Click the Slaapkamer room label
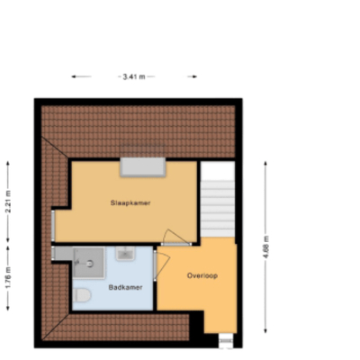130,202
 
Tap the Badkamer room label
125,287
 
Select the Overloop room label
202,275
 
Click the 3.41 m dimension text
134,76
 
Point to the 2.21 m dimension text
8,202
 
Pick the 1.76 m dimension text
8,278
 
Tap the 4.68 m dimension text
266,247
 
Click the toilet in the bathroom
81,295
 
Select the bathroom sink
125,254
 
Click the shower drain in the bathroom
90,264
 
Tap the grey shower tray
89,262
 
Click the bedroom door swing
175,237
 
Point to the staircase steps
218,209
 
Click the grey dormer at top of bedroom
143,166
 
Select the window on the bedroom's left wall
53,226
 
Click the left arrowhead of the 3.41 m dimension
72,76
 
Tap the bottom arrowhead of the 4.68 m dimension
265,332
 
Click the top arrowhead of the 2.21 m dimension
8,162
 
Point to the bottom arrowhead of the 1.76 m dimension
8,310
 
